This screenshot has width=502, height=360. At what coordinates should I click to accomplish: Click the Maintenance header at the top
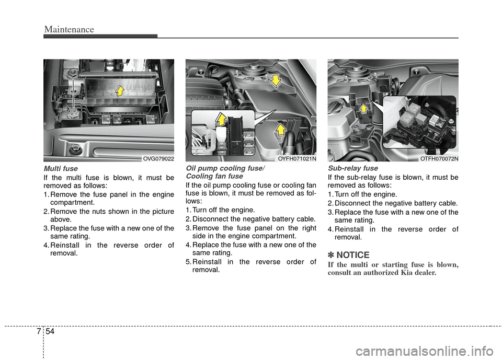point(69,30)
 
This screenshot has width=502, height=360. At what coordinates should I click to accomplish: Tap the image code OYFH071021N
point(296,158)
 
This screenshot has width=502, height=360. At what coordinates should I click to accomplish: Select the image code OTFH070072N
point(439,158)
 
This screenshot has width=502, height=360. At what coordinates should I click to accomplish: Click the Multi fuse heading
point(61,169)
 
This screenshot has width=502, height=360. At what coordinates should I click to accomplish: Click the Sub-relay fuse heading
point(352,169)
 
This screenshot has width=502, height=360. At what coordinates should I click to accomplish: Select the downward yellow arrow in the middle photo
point(274,81)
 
